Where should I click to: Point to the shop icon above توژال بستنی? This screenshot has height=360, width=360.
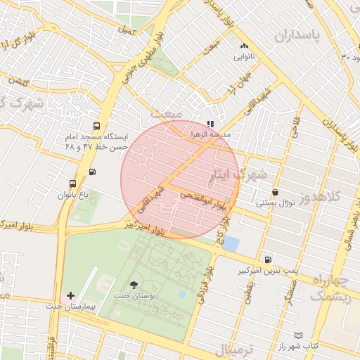275,192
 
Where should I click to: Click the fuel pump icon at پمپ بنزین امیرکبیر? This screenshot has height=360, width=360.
268,259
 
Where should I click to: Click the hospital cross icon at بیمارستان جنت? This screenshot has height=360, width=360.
70,295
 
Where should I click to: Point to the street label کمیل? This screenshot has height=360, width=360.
127,32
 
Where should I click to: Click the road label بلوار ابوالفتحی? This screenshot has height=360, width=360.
203,200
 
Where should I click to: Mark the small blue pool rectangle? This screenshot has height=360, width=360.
231,245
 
